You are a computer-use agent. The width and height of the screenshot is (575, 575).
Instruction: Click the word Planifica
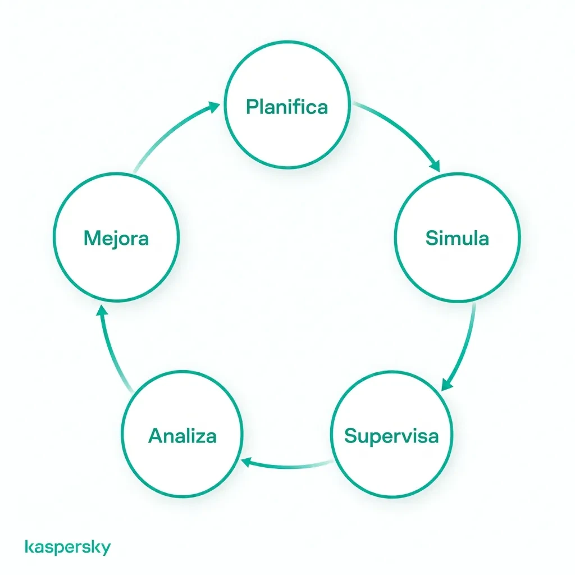pos(287,107)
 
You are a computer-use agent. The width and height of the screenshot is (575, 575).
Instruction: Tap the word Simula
pos(457,238)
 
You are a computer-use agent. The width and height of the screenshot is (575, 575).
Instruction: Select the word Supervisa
pos(391,436)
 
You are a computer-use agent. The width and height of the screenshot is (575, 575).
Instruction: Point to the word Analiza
pos(182,436)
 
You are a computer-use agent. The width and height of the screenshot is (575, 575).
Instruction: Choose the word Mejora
pos(116,238)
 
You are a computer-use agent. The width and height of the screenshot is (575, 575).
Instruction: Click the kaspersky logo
pos(67,547)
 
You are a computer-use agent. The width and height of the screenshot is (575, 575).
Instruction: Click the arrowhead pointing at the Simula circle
pos(435,166)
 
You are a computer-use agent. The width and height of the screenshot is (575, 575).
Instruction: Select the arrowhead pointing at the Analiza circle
pos(246,462)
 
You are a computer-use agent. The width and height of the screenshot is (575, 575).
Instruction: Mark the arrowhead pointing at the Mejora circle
pos(102,311)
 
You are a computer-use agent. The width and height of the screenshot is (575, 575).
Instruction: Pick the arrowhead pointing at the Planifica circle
pos(214,107)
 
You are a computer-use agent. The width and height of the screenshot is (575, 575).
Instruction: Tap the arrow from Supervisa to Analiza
pos(288,467)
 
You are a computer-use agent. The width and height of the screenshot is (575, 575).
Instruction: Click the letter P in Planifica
pos(252,107)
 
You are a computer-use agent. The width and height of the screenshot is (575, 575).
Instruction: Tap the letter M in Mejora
pos(92,238)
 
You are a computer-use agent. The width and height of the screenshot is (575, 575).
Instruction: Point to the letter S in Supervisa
pos(352,436)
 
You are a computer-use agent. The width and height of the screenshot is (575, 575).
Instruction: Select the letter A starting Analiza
pos(156,436)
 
